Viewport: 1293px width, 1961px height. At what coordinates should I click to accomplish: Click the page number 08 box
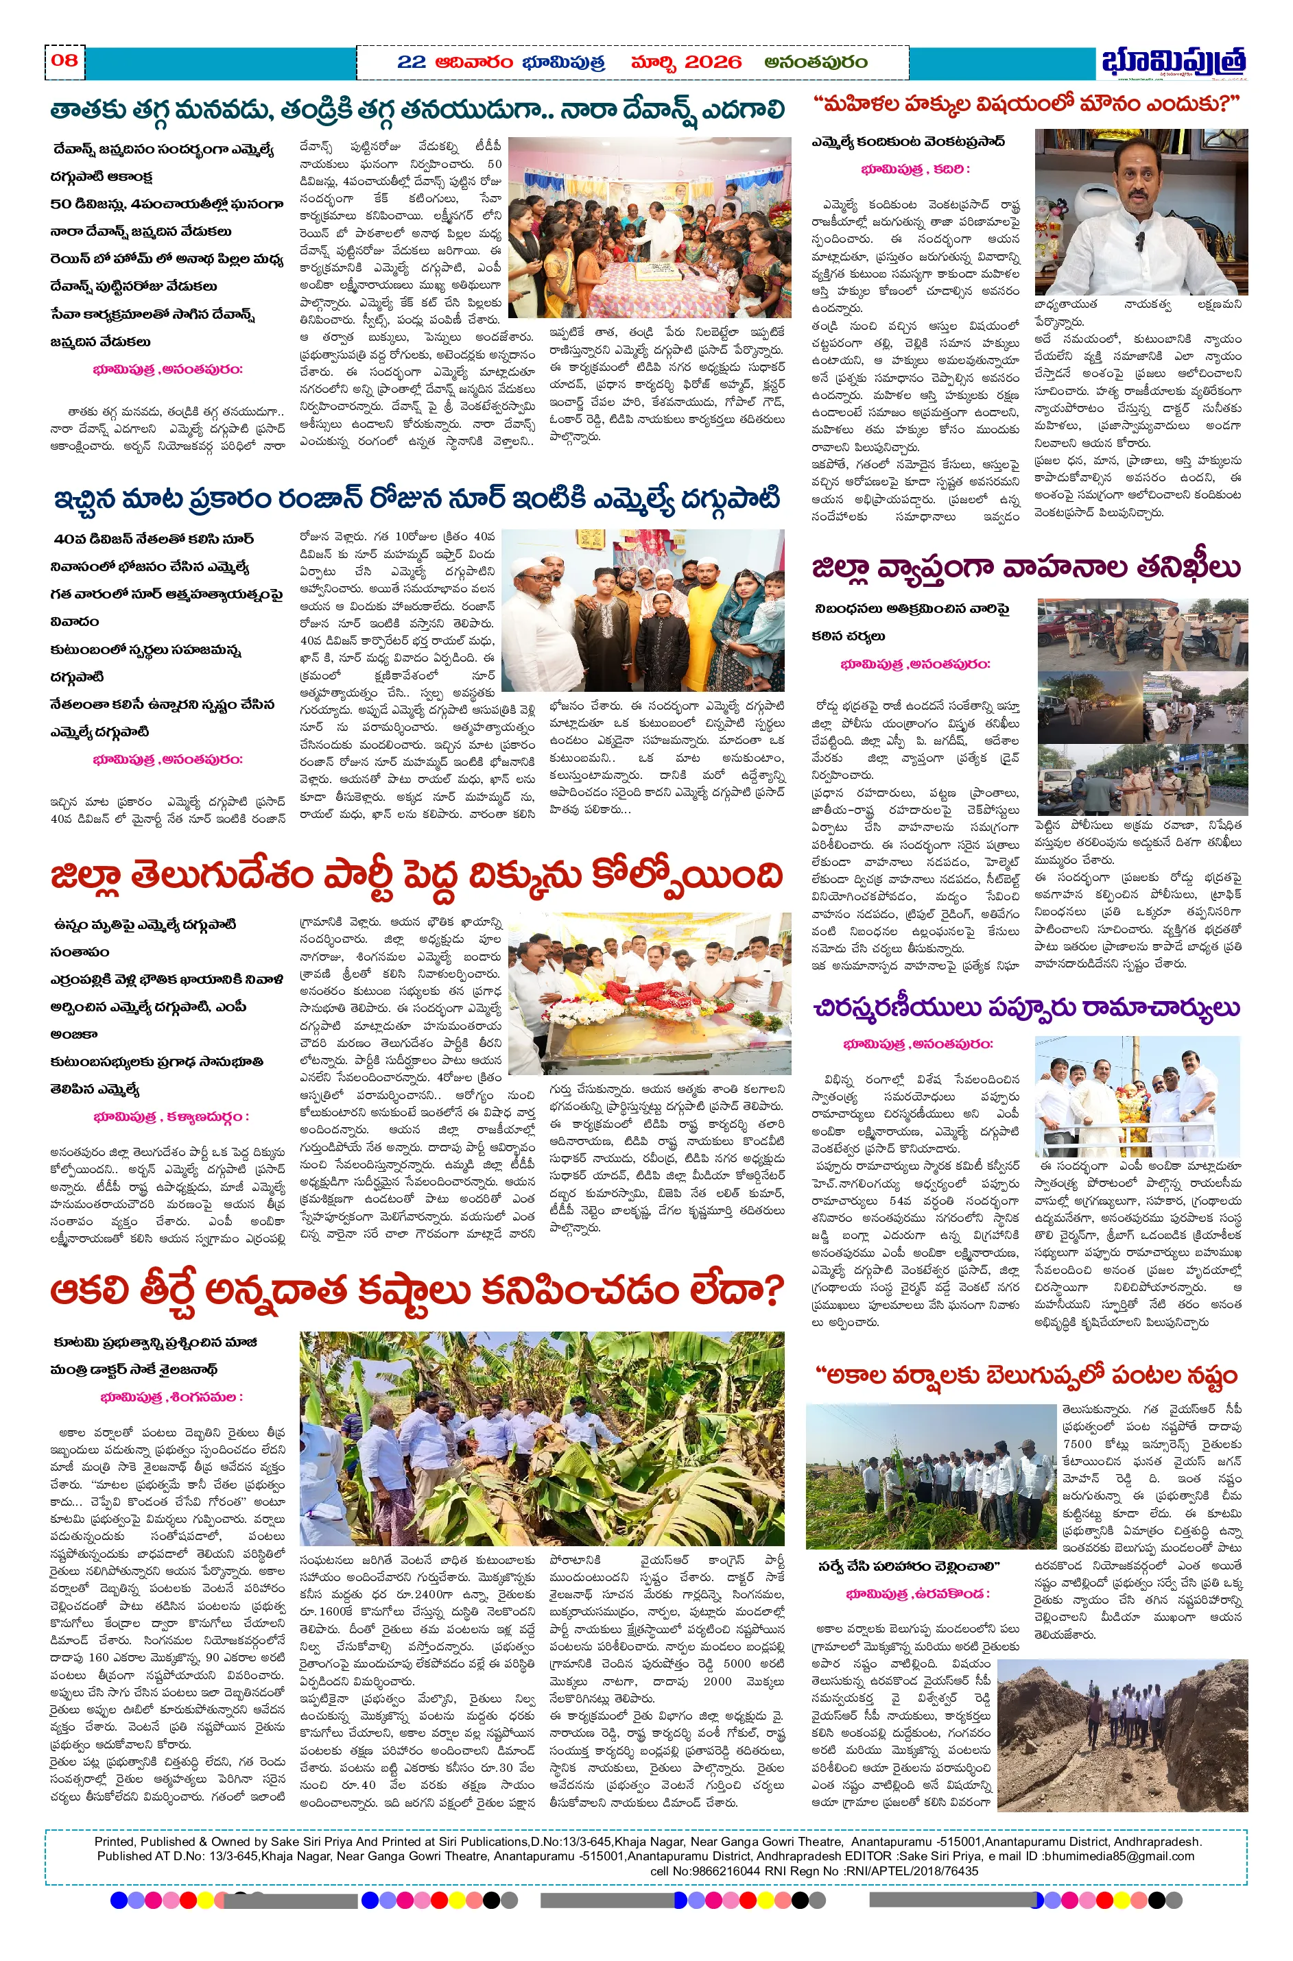(64, 60)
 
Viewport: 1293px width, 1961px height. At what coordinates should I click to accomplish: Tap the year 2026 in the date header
(713, 62)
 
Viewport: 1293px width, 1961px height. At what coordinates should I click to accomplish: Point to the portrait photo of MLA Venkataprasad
(1141, 212)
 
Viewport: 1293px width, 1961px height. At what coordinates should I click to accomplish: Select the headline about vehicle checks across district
(1025, 568)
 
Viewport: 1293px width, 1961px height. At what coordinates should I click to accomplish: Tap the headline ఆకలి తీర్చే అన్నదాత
(416, 1292)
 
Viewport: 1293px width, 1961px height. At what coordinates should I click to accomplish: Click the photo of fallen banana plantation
(542, 1439)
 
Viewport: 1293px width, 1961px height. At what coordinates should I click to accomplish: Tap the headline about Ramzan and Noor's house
(416, 500)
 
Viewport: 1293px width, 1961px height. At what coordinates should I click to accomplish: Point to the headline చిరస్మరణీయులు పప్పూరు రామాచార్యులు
(1025, 1007)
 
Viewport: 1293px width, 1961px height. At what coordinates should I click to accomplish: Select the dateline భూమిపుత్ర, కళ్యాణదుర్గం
(171, 1117)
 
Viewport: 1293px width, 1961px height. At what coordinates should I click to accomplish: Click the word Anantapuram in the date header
(816, 62)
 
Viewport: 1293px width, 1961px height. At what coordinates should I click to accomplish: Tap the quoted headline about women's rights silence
(1025, 105)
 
